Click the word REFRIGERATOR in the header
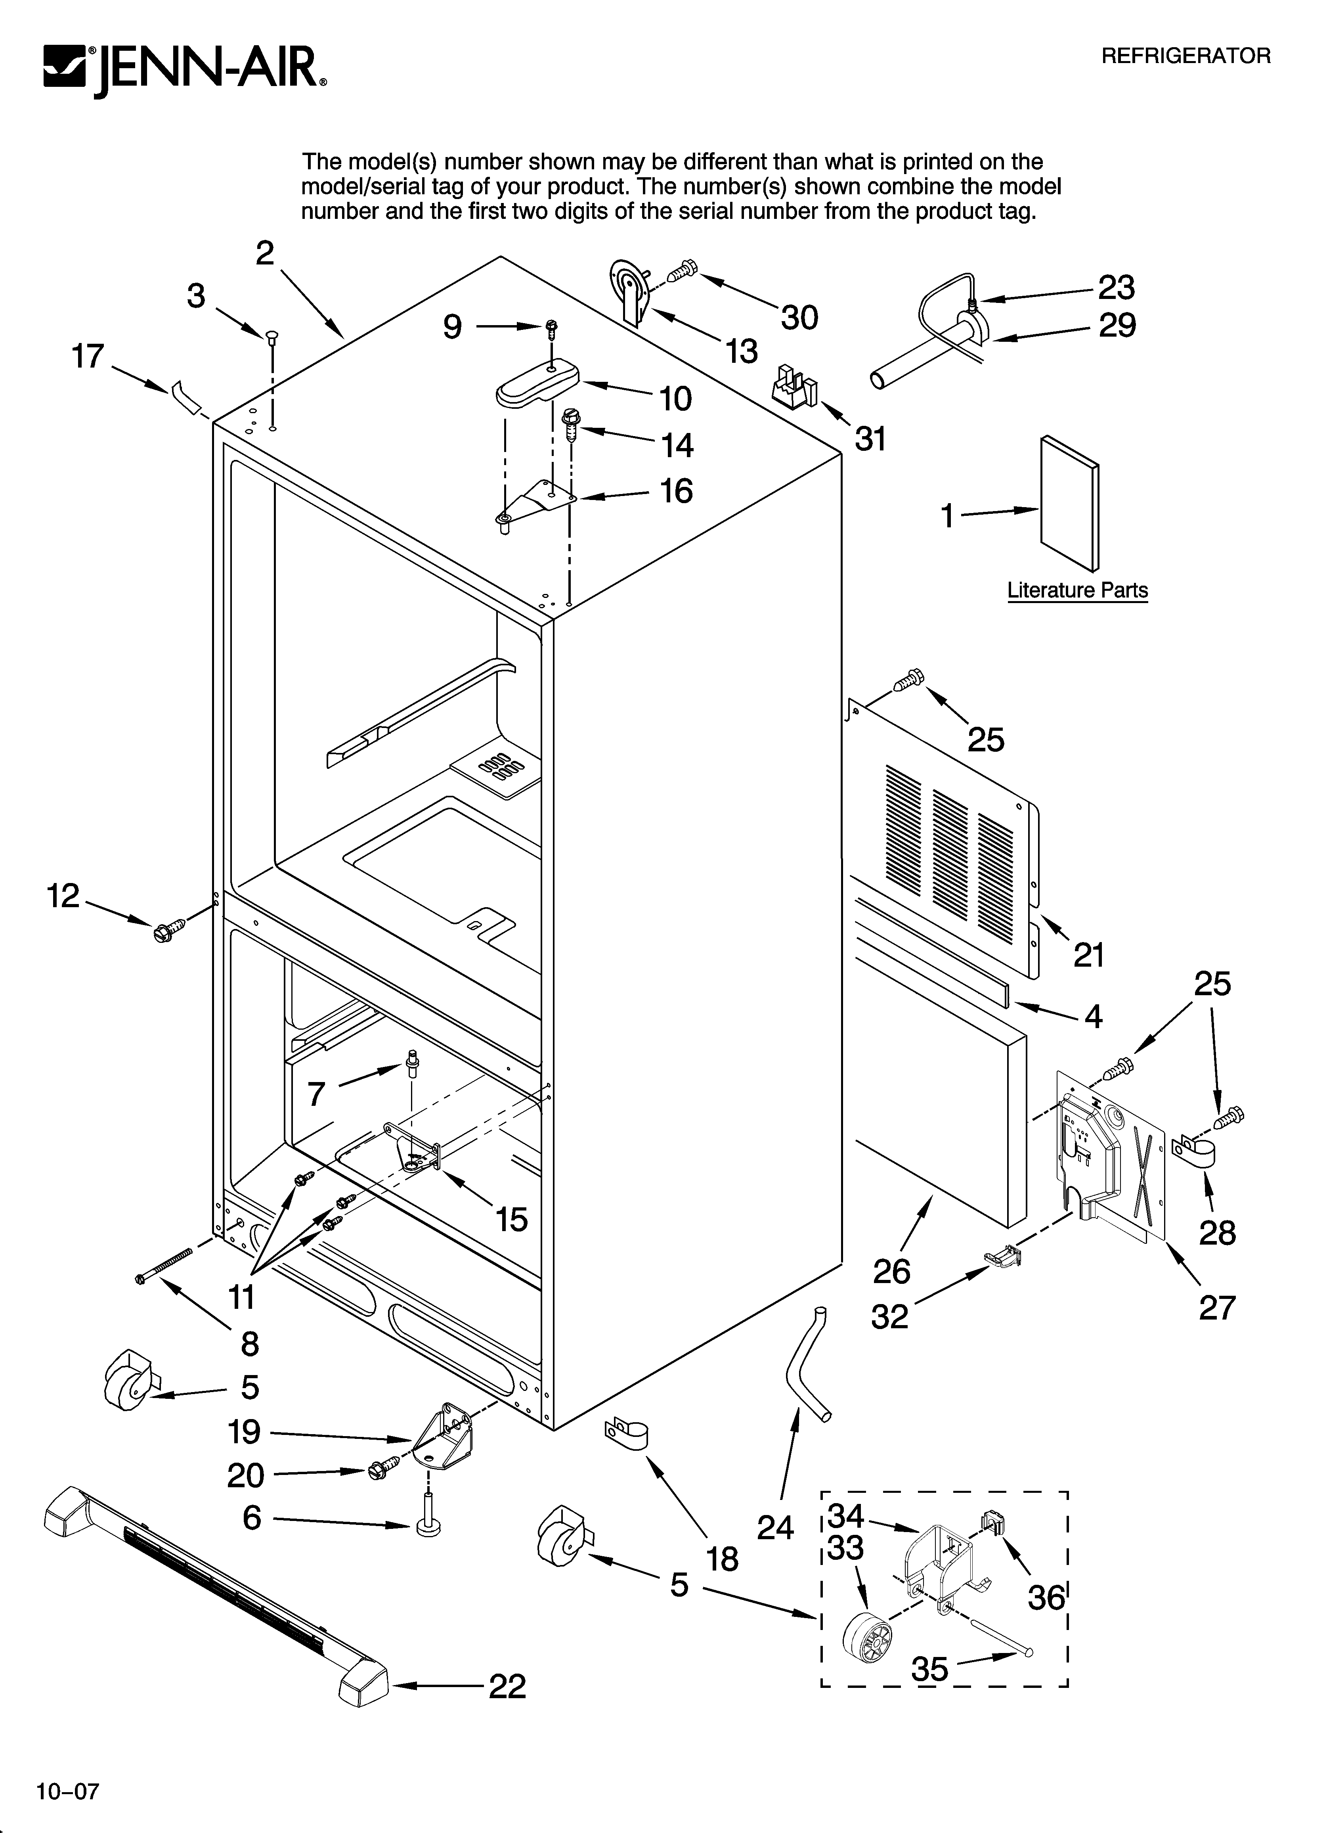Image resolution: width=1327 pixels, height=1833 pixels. tap(1186, 56)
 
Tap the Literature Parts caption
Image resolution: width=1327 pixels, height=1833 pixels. tap(1077, 590)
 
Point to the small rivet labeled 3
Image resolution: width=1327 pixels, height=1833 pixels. tap(272, 335)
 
